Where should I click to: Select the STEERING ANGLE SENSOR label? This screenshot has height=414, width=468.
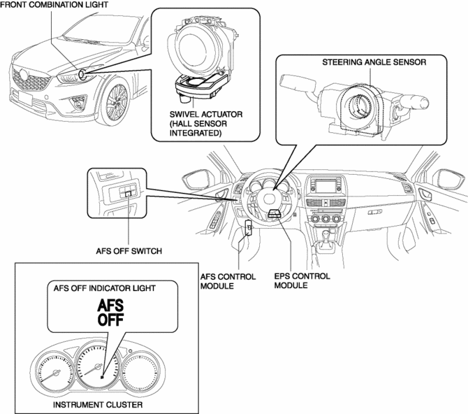(x=374, y=62)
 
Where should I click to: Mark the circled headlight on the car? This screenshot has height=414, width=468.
(x=82, y=74)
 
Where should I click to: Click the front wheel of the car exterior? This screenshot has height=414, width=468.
(x=114, y=105)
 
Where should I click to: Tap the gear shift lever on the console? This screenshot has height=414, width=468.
(x=323, y=246)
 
